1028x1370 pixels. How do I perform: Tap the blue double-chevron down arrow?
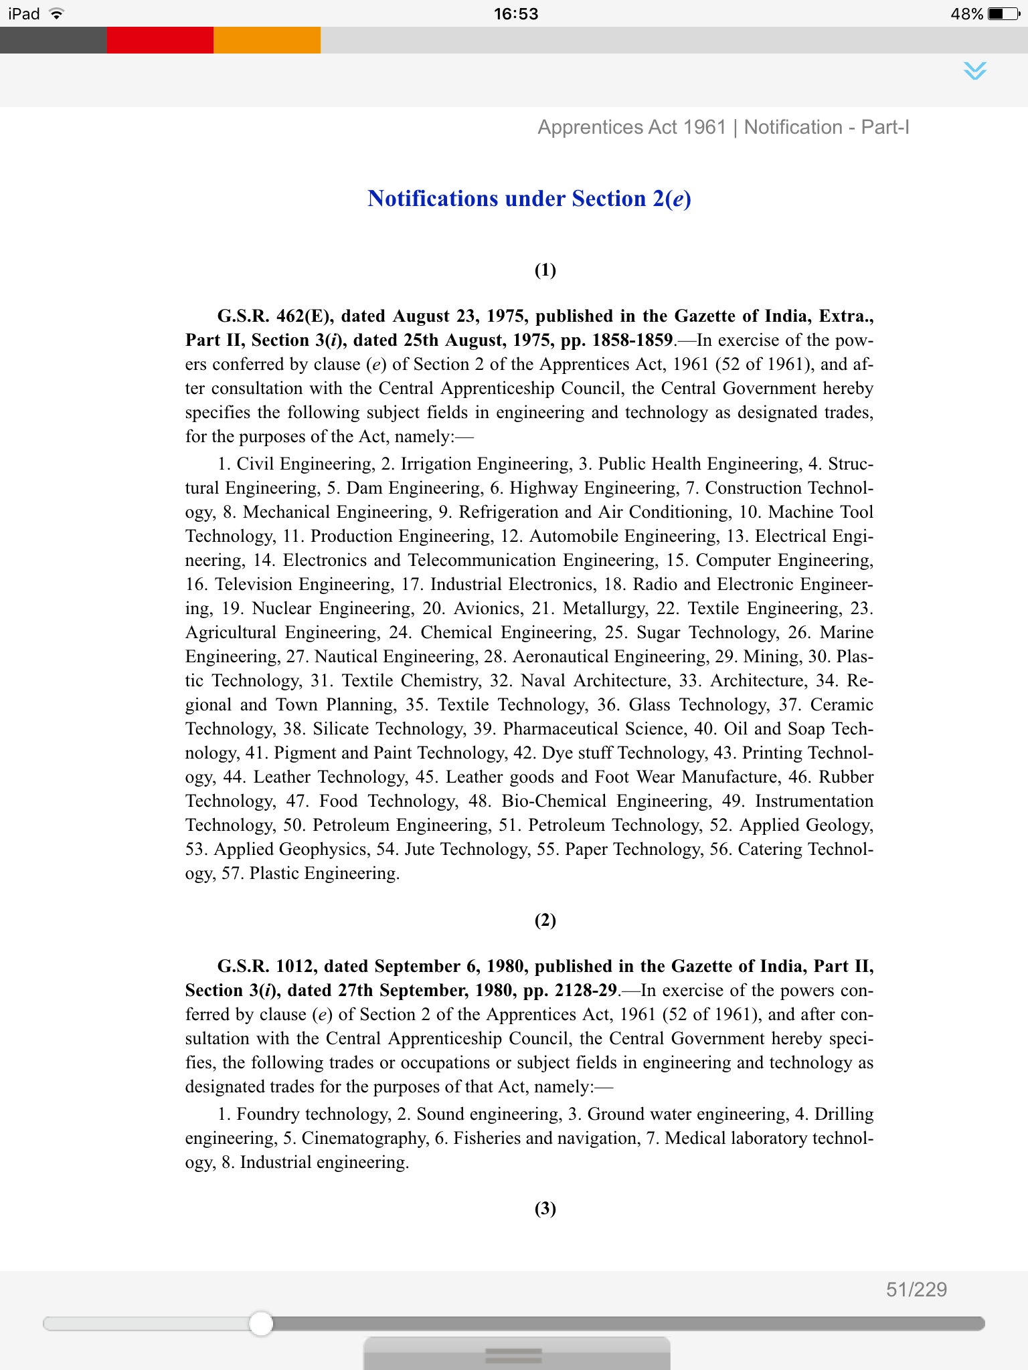pyautogui.click(x=975, y=70)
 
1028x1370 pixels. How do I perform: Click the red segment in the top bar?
pyautogui.click(x=160, y=40)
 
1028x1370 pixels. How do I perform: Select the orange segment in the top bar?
pyautogui.click(x=267, y=40)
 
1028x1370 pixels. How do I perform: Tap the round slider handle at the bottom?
pyautogui.click(x=261, y=1323)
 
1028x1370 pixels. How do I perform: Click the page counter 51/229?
pyautogui.click(x=916, y=1290)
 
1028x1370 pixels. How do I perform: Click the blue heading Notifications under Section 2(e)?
pyautogui.click(x=529, y=199)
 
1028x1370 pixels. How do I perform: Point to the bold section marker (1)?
pyautogui.click(x=545, y=270)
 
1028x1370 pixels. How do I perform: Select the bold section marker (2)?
pyautogui.click(x=545, y=920)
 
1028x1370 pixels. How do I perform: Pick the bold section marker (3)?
pyautogui.click(x=545, y=1208)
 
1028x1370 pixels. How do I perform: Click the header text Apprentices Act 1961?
pyautogui.click(x=632, y=127)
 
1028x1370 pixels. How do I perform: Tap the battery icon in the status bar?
pyautogui.click(x=1003, y=14)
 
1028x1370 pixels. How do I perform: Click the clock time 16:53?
pyautogui.click(x=516, y=14)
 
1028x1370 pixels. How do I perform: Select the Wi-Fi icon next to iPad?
pyautogui.click(x=57, y=14)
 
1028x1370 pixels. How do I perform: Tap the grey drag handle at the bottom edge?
pyautogui.click(x=514, y=1355)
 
